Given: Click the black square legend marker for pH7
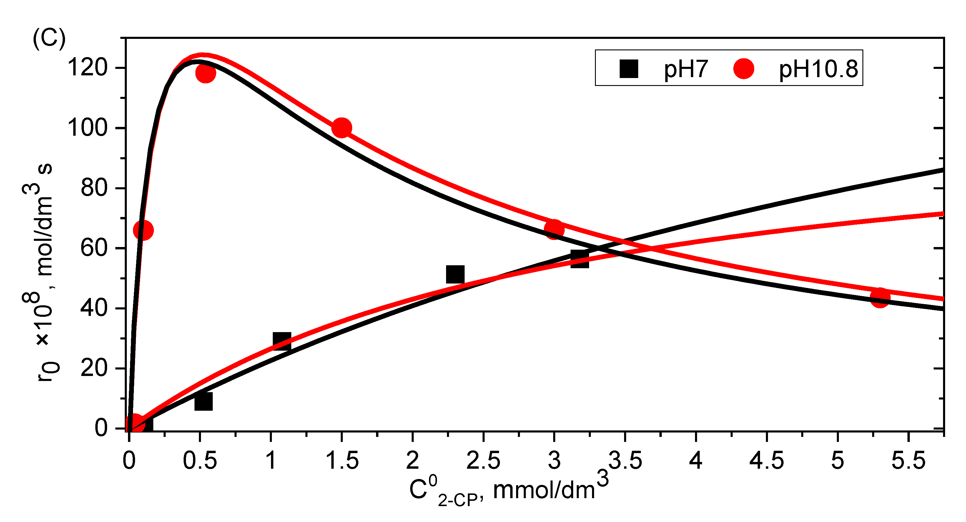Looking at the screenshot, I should coord(629,69).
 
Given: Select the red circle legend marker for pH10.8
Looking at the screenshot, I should coord(744,69).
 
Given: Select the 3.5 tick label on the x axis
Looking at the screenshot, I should coord(625,460).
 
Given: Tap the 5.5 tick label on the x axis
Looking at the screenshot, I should coord(908,460).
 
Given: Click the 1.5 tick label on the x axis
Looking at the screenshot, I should coord(342,460).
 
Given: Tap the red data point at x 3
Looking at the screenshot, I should coord(554,229).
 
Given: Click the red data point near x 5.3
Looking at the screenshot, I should coord(880,298).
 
